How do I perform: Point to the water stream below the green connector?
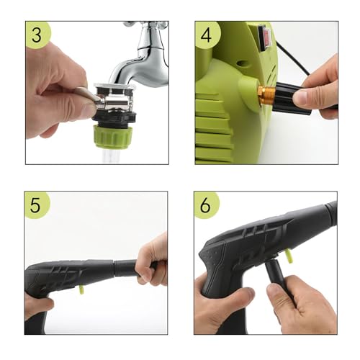click(x=109, y=154)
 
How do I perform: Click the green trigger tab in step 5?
click(x=81, y=291)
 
